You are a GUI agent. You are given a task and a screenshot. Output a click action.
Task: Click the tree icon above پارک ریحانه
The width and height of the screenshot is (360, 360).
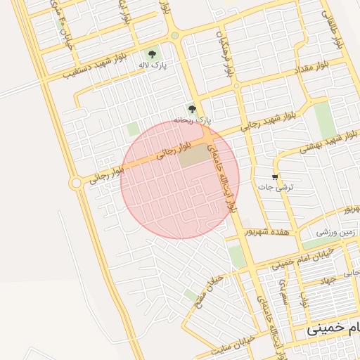[193, 110]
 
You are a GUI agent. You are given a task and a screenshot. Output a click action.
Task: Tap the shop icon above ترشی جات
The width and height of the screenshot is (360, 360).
[274, 176]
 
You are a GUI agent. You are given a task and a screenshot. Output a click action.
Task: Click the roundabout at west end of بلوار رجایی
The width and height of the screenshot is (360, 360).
[76, 183]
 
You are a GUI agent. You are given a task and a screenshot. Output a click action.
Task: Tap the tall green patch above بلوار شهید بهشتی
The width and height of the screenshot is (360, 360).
[325, 120]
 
